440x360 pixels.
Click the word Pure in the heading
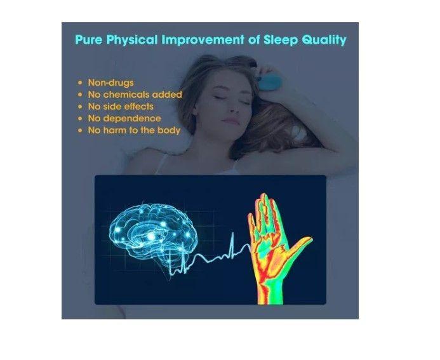[x=88, y=40]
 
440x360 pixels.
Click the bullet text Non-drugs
[x=110, y=83]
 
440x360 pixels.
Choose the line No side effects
[x=120, y=106]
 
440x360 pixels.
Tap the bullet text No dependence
[x=124, y=118]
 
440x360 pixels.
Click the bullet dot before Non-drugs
[x=79, y=83]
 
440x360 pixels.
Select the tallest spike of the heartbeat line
[x=233, y=244]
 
